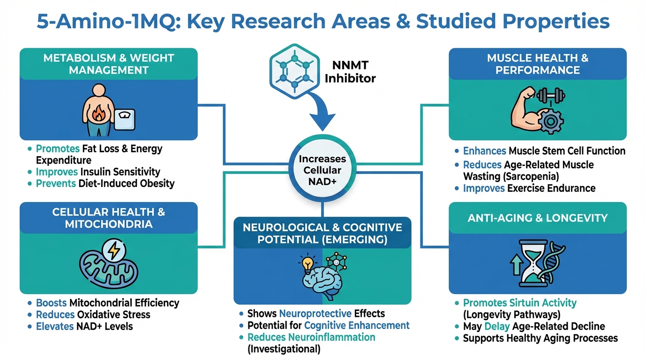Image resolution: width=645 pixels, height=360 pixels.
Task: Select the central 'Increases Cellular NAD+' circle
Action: [322, 171]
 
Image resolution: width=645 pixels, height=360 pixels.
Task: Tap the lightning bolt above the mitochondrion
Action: [114, 252]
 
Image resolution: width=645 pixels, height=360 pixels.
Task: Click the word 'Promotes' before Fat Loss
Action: [58, 149]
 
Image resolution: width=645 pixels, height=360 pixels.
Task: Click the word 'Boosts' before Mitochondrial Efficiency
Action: [51, 303]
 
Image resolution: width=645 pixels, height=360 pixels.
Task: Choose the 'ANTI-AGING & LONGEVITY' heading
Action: [538, 218]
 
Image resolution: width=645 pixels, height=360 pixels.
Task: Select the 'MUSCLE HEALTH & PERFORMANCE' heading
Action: [538, 64]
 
